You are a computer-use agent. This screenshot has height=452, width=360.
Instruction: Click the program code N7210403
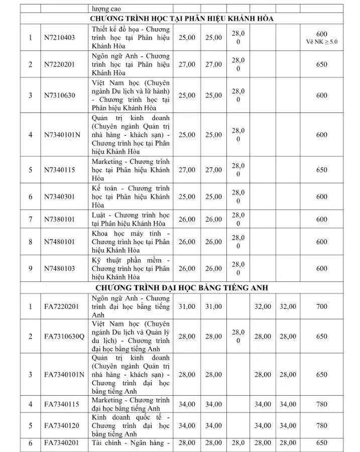[x=60, y=38]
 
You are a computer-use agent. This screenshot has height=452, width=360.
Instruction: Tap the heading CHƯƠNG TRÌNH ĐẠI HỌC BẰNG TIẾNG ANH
[x=182, y=287]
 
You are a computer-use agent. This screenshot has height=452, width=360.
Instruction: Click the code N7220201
[x=60, y=64]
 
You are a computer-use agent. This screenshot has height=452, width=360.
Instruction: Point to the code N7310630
[x=60, y=95]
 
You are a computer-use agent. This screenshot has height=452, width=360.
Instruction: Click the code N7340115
[x=60, y=170]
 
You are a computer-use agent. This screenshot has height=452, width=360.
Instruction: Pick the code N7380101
[x=60, y=219]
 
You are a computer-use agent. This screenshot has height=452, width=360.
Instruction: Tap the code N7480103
[x=60, y=269]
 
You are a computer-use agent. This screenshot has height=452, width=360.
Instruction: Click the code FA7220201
[x=62, y=306]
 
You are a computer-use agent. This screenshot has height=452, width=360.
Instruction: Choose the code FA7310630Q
[x=64, y=336]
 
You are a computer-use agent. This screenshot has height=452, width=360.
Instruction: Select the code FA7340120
[x=62, y=425]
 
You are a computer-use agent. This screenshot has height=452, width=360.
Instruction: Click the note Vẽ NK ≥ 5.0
[x=322, y=42]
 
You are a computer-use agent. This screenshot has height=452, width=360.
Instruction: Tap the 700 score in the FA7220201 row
[x=322, y=306]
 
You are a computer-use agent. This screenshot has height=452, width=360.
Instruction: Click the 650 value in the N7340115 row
[x=322, y=170]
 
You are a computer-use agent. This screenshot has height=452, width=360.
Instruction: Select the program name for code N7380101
[x=131, y=219]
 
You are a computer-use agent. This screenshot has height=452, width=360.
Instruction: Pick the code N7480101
[x=60, y=242]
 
